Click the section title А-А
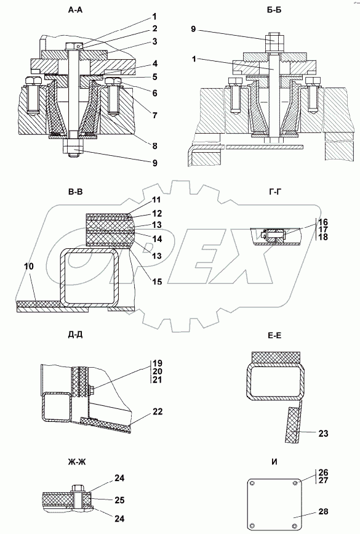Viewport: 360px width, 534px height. click(x=75, y=10)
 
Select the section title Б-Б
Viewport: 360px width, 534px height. click(x=274, y=10)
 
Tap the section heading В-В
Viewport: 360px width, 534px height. click(x=75, y=192)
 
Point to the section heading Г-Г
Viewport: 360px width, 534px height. click(x=275, y=192)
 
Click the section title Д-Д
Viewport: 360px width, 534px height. click(x=75, y=335)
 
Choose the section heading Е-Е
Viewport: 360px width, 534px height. click(x=274, y=336)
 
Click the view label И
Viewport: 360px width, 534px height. click(x=274, y=462)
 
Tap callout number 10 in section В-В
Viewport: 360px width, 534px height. click(x=30, y=266)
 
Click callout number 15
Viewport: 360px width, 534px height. click(x=157, y=281)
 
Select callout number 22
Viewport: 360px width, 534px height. click(x=157, y=411)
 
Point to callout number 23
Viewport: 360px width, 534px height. click(x=323, y=433)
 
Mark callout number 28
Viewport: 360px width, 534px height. click(x=323, y=512)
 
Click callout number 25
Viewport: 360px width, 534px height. click(x=119, y=500)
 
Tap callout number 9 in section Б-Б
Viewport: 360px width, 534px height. click(x=193, y=29)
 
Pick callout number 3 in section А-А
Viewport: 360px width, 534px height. click(x=154, y=41)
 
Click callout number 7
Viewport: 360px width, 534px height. click(x=154, y=115)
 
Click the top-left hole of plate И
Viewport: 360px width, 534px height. click(x=252, y=483)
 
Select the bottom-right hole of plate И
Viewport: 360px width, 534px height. click(x=295, y=525)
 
